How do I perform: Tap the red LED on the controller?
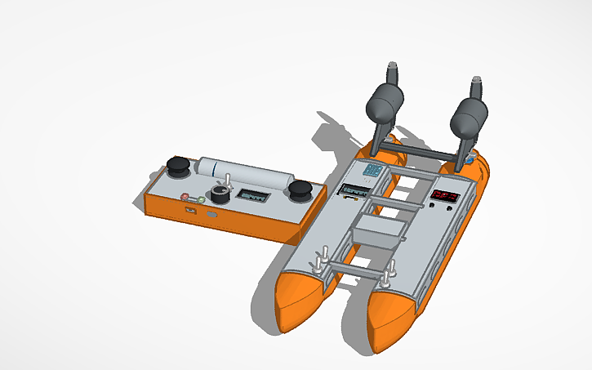(x=185, y=196)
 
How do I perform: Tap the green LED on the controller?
(x=201, y=199)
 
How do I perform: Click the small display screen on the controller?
(x=251, y=196)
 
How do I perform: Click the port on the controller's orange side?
(x=189, y=210)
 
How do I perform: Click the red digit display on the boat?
(x=446, y=197)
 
